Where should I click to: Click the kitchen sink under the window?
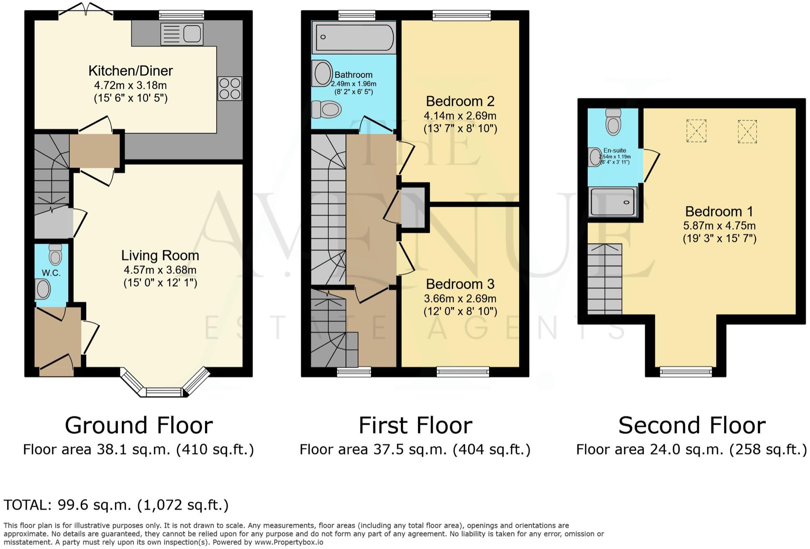tap(182, 34)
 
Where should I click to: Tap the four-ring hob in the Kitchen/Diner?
tap(230, 88)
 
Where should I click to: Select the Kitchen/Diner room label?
tap(131, 71)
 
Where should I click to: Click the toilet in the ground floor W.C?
tap(55, 253)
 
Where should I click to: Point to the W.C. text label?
tap(51, 273)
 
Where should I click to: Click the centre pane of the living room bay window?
tap(164, 392)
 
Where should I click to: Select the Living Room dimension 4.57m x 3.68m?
tap(160, 270)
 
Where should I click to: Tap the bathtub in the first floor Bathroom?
tap(354, 37)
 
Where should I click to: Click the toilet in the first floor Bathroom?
tap(327, 110)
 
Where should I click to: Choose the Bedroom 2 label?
tap(460, 101)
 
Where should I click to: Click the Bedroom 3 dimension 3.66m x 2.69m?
tap(460, 299)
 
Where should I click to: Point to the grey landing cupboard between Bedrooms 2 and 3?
tap(413, 207)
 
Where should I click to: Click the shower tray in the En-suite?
tap(613, 202)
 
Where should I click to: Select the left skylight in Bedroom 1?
tap(696, 131)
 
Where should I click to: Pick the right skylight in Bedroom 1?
tap(747, 131)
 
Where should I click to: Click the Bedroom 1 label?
tap(719, 211)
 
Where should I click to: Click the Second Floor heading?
tap(692, 426)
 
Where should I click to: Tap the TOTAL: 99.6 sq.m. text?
tap(116, 505)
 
